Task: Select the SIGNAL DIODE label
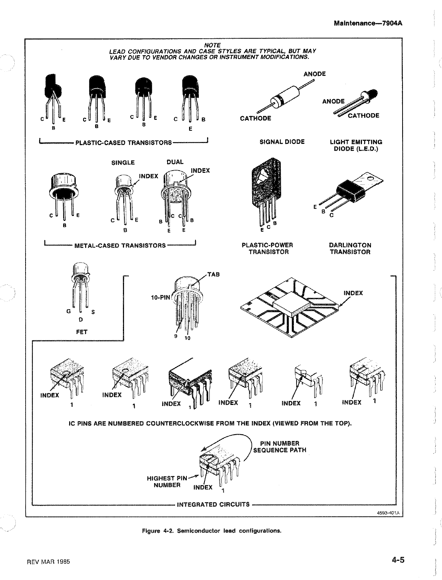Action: (282, 142)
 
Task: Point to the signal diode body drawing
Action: (286, 97)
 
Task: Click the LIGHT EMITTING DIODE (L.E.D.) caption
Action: (356, 145)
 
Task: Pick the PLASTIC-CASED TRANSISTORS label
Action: (124, 143)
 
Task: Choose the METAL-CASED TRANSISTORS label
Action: (120, 246)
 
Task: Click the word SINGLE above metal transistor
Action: (123, 163)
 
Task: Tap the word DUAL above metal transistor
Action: (175, 162)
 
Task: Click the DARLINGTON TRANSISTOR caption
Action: (350, 248)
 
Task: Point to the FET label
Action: (82, 332)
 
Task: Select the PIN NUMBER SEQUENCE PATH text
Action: (280, 447)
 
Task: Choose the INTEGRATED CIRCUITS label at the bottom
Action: (213, 504)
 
